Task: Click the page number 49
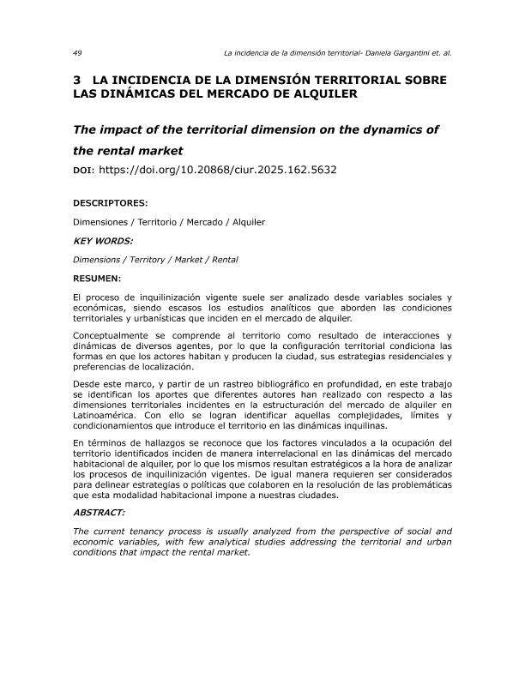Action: click(x=77, y=52)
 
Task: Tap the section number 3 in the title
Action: click(x=77, y=80)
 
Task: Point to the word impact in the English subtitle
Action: click(x=127, y=129)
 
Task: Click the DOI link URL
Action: click(x=218, y=170)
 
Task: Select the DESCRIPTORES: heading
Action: click(x=111, y=204)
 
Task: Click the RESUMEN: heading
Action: click(x=97, y=279)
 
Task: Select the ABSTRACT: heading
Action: click(x=100, y=512)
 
